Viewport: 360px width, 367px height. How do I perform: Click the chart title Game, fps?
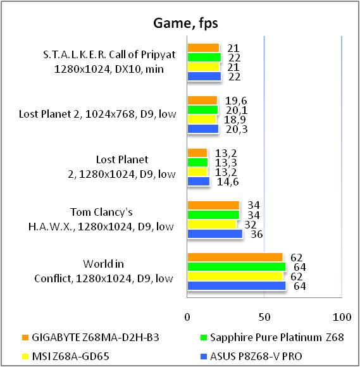click(x=185, y=23)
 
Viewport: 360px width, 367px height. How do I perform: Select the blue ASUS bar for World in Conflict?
click(x=237, y=286)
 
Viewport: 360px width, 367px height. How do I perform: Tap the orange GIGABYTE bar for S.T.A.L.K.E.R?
click(x=203, y=48)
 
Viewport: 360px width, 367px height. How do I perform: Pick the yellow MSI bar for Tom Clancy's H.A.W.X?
click(x=212, y=225)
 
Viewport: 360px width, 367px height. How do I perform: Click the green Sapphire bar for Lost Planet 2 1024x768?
click(x=202, y=109)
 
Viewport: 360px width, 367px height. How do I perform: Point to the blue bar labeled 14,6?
click(x=199, y=182)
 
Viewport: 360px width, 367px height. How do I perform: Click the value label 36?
click(x=257, y=234)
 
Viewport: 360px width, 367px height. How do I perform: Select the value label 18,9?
click(x=235, y=120)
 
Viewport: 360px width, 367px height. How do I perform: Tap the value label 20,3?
click(x=237, y=129)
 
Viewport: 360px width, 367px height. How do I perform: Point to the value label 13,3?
click(x=226, y=163)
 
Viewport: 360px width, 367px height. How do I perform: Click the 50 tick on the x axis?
click(x=264, y=317)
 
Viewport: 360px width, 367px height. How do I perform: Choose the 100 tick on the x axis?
click(x=342, y=317)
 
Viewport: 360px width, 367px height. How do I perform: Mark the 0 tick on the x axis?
click(x=187, y=317)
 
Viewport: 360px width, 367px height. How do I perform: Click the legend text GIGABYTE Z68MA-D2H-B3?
click(x=96, y=337)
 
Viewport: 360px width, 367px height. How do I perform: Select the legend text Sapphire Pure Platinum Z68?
click(x=277, y=337)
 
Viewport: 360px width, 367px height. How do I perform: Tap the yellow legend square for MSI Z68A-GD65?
click(x=25, y=356)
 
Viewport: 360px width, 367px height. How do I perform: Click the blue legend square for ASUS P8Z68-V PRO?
click(x=204, y=356)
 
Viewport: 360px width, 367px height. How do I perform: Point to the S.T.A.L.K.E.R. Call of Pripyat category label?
click(x=109, y=61)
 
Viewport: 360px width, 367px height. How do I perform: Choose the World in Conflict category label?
click(x=104, y=271)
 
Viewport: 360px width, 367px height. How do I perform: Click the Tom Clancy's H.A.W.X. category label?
click(x=101, y=220)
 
